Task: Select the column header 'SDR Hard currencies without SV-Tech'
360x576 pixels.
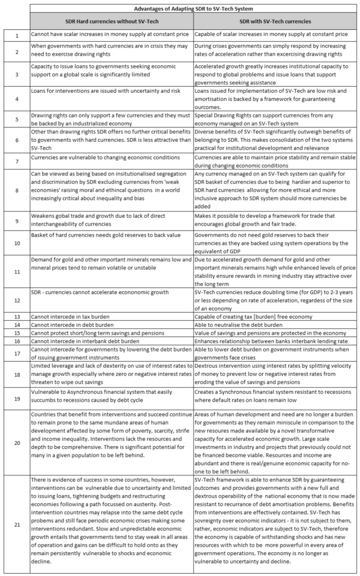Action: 111,21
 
